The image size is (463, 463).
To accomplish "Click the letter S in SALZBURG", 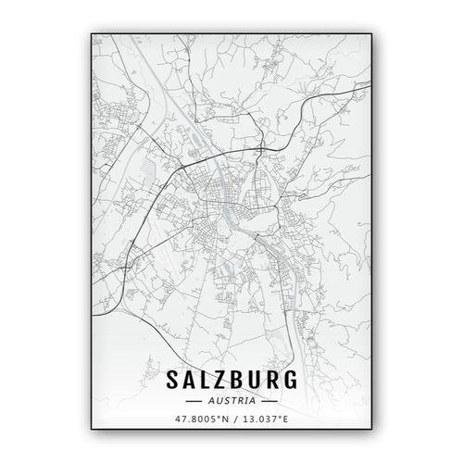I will [169, 381].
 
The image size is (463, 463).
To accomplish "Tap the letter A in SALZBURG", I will [188, 381].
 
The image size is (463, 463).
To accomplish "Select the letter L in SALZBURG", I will [206, 381].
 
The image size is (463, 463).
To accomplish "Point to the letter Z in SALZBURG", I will [222, 381].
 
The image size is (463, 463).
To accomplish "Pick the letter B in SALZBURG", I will [240, 381].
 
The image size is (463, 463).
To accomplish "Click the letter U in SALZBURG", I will [258, 381].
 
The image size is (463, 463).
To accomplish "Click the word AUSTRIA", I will [232, 402].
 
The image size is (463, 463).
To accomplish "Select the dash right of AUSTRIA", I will [269, 402].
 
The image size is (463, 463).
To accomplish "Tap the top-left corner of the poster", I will [92, 34].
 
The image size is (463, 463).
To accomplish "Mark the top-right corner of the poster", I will [372, 34].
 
